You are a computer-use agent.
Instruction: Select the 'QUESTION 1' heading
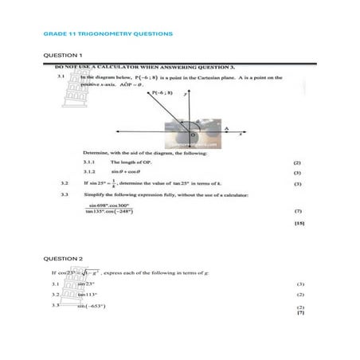[63, 55]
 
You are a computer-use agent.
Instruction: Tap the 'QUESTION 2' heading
[63, 259]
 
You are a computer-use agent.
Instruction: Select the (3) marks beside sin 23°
[300, 284]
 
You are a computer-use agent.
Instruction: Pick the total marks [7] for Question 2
[300, 312]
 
